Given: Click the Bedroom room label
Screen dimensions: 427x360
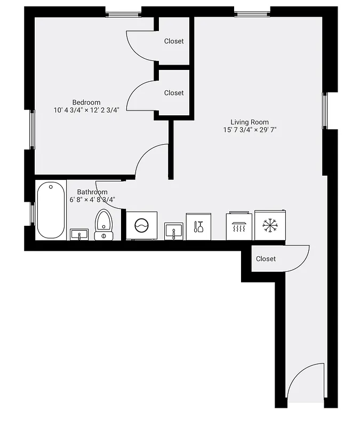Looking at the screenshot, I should pyautogui.click(x=86, y=102).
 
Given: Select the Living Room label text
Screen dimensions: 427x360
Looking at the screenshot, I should pyautogui.click(x=250, y=122).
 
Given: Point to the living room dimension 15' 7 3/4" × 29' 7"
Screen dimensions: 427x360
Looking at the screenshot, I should pyautogui.click(x=250, y=130).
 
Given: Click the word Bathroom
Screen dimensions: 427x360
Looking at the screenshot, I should pyautogui.click(x=92, y=192).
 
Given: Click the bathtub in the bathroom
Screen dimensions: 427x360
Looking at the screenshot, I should pyautogui.click(x=51, y=210).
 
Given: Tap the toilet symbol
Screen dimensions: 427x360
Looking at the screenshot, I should pyautogui.click(x=103, y=224).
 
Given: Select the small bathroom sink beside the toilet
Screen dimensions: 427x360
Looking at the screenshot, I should pyautogui.click(x=79, y=234).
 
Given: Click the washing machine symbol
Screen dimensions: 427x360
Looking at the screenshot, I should pyautogui.click(x=141, y=226).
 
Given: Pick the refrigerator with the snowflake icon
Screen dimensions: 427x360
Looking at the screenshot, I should pyautogui.click(x=270, y=225).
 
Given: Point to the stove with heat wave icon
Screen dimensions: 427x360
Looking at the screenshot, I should pyautogui.click(x=239, y=226).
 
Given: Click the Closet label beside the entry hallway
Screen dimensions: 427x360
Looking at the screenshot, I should pyautogui.click(x=266, y=259).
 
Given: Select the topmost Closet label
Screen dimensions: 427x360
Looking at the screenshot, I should pyautogui.click(x=174, y=41).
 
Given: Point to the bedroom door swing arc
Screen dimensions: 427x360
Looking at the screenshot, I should pyautogui.click(x=152, y=160).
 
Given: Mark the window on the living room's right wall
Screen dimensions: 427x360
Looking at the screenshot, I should pyautogui.click(x=326, y=111).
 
